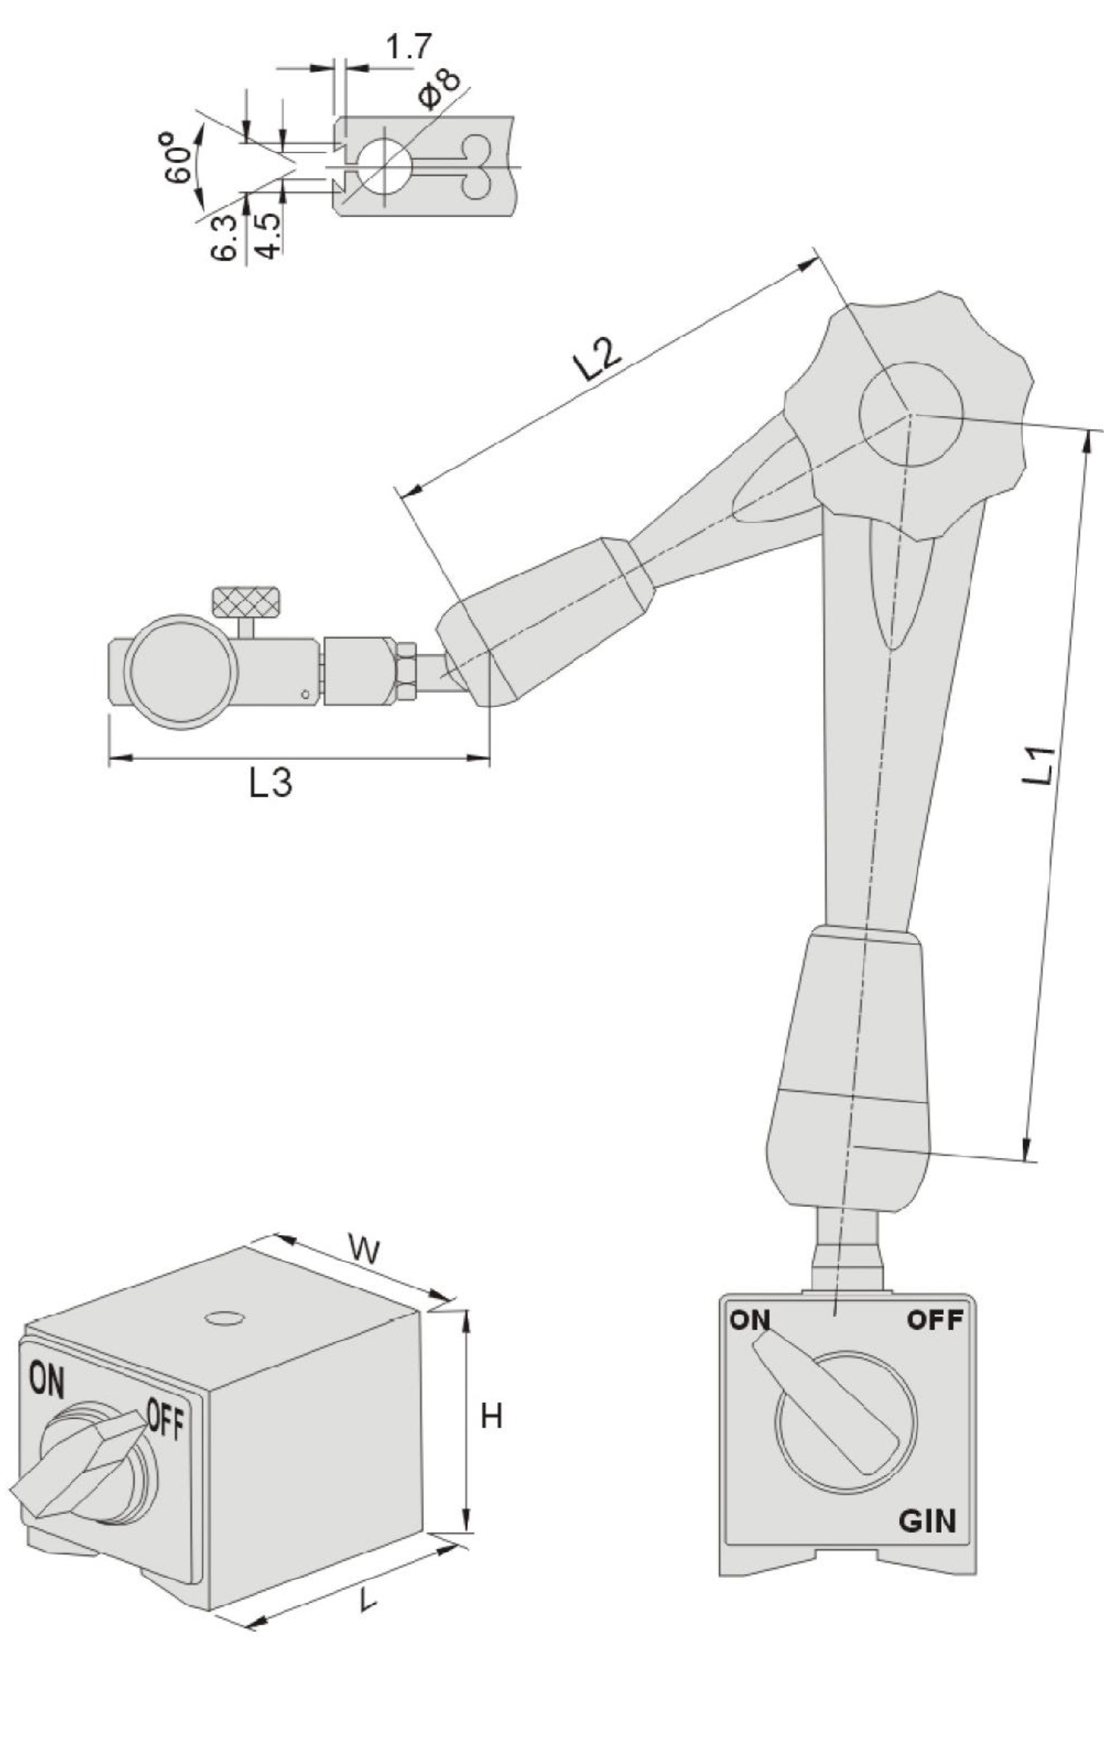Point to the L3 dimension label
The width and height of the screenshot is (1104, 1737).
point(271,782)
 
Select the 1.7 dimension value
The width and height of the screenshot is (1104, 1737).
point(408,48)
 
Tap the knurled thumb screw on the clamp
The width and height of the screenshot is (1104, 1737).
point(246,600)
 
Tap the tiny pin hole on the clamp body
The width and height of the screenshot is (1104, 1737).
point(305,695)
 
